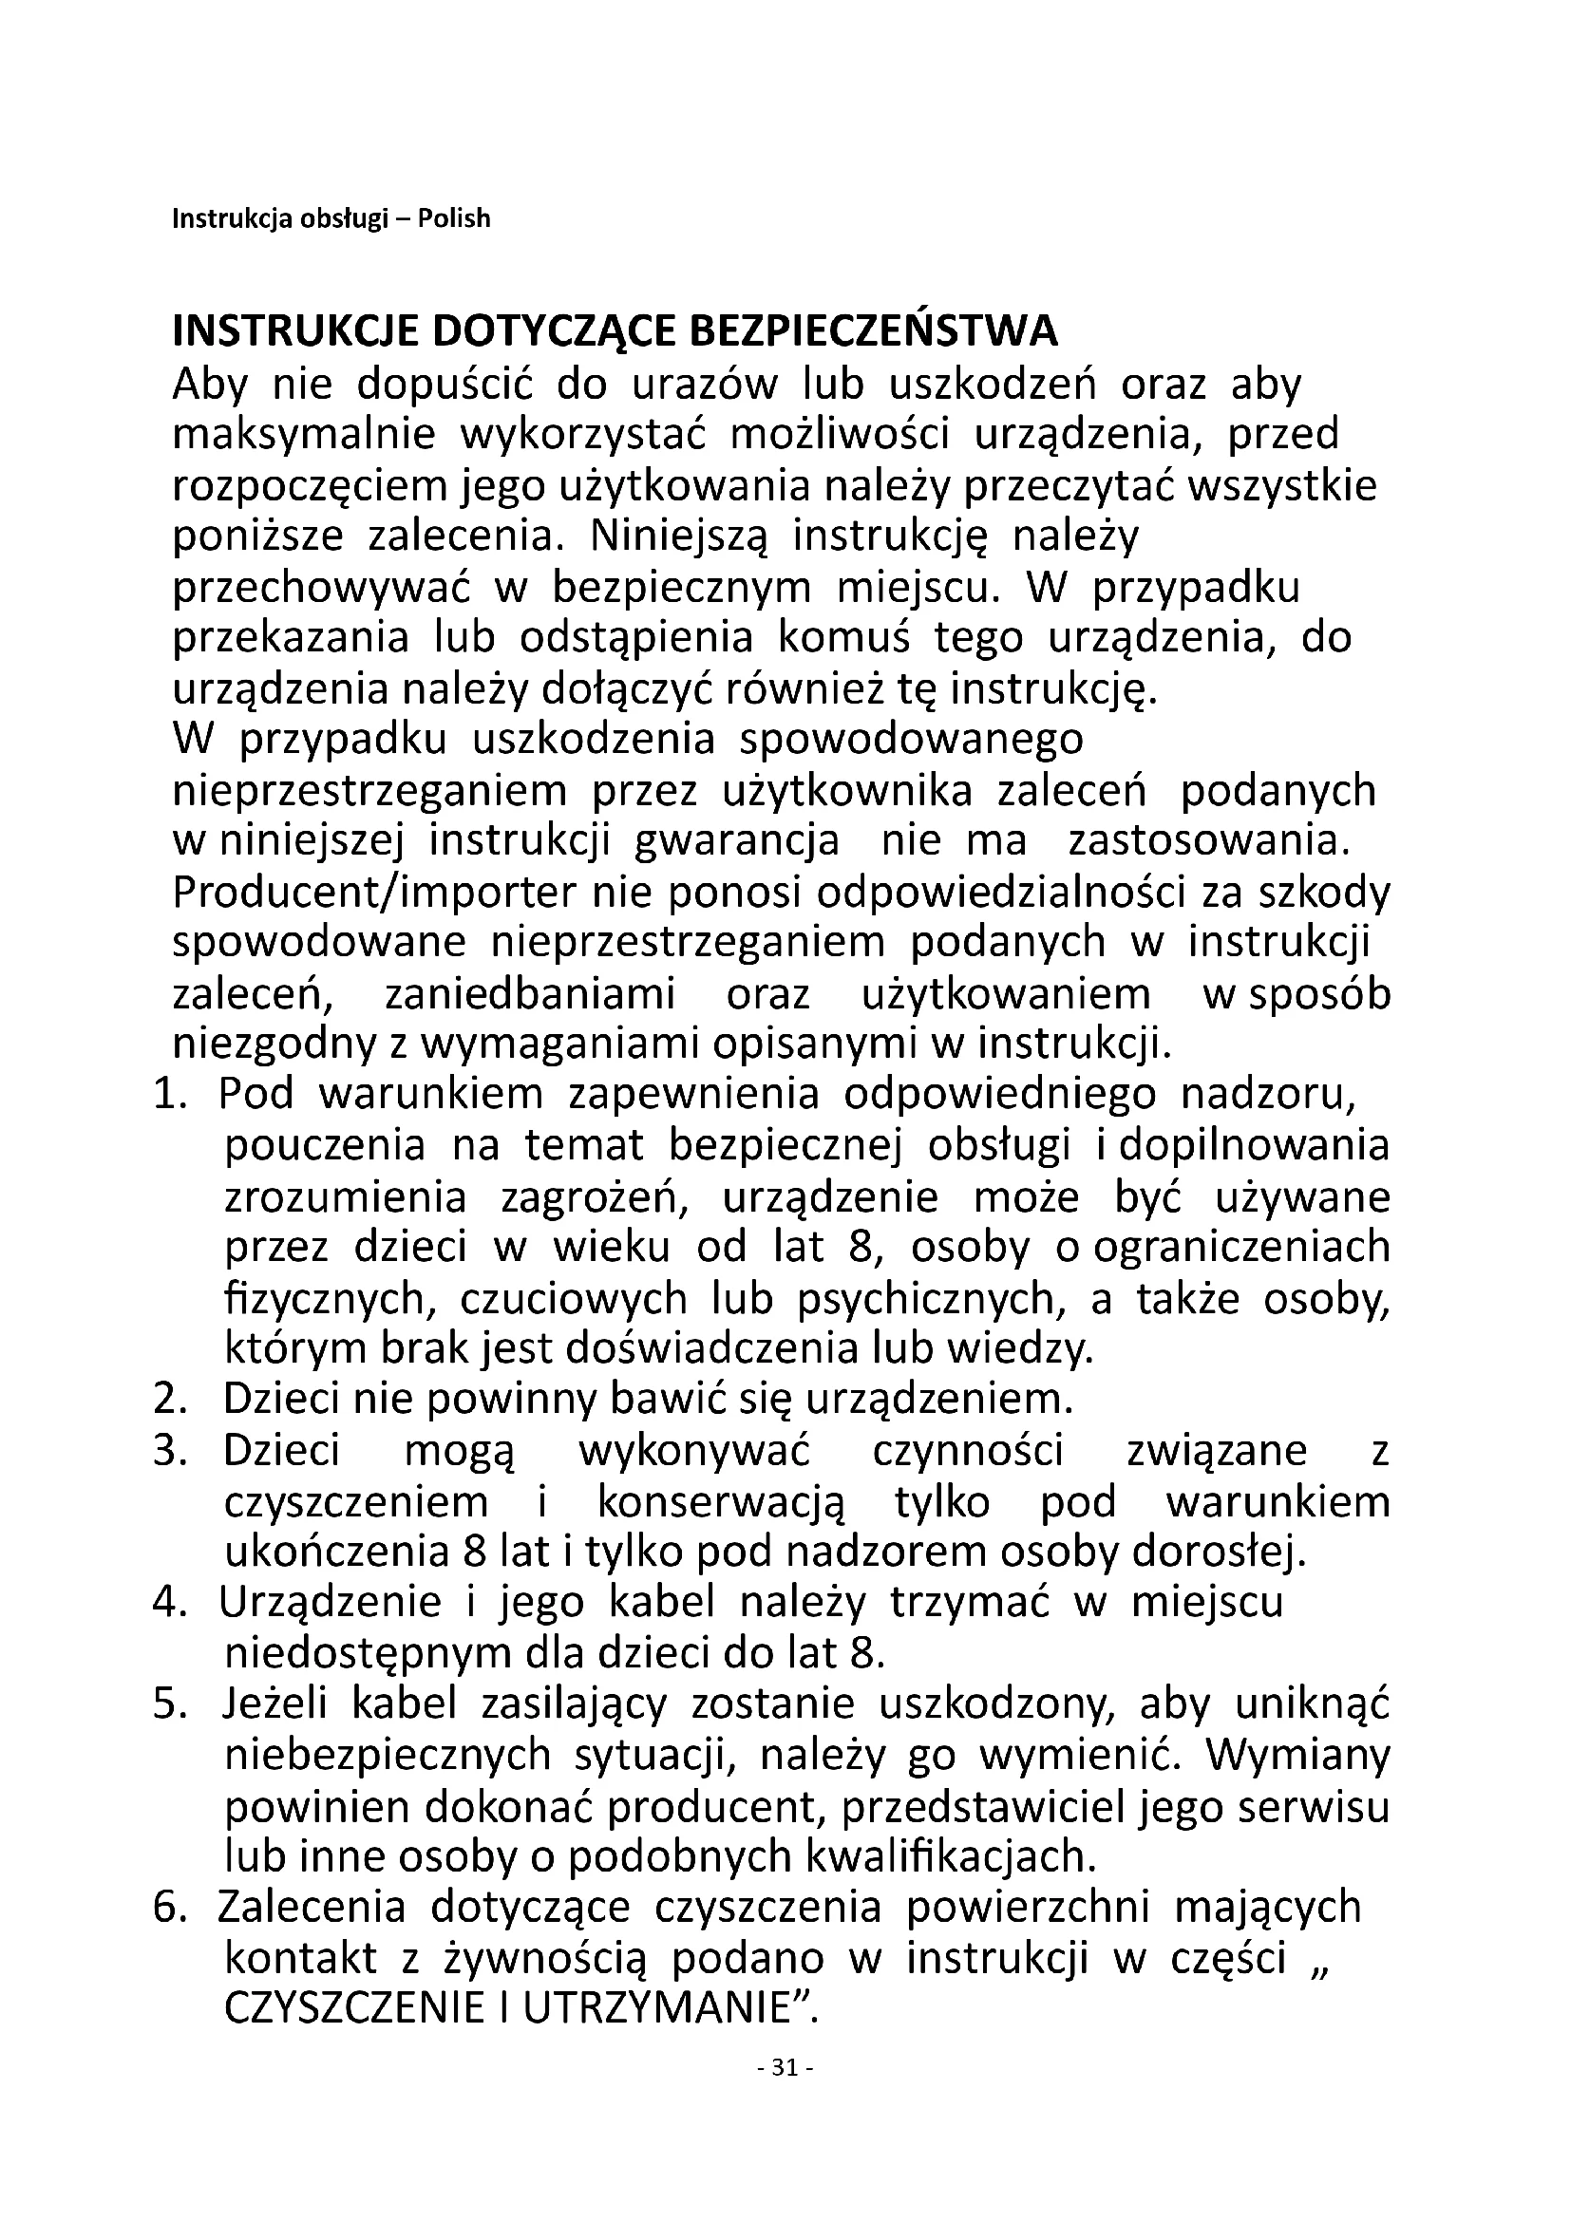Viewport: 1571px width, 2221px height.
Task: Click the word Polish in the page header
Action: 454,219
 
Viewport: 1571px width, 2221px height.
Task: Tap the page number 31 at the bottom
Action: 785,2068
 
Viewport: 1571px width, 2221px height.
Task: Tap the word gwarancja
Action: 737,841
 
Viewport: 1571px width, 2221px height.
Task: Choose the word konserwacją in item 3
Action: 721,1502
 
